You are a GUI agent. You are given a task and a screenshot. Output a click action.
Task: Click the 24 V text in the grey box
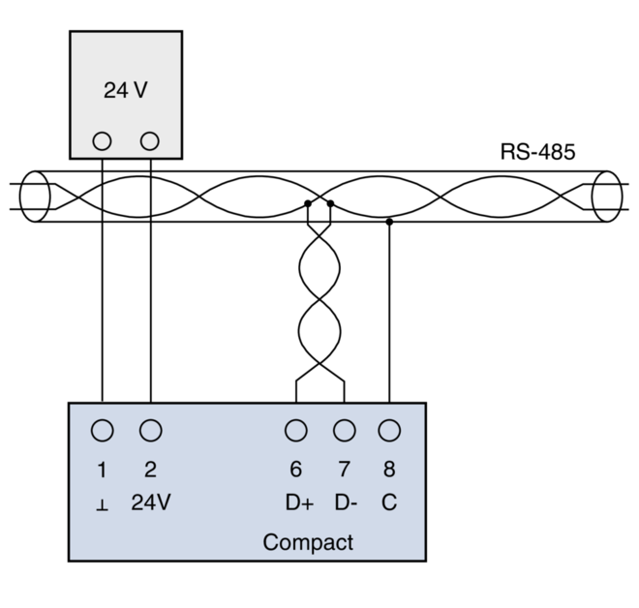pyautogui.click(x=125, y=91)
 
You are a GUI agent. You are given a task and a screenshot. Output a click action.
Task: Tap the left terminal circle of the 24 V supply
pyautogui.click(x=102, y=141)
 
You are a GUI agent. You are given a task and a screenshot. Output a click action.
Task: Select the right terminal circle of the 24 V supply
pyautogui.click(x=149, y=141)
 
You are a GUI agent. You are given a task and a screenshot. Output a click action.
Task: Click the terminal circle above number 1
pyautogui.click(x=102, y=430)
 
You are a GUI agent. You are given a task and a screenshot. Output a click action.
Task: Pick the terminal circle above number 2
pyautogui.click(x=150, y=430)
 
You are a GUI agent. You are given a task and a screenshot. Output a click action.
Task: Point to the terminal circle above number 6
pyautogui.click(x=295, y=430)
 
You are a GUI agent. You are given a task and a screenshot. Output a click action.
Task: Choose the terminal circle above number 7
pyautogui.click(x=344, y=430)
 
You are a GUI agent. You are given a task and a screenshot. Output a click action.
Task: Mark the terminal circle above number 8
pyautogui.click(x=389, y=430)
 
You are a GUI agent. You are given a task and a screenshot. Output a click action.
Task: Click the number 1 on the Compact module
pyautogui.click(x=102, y=470)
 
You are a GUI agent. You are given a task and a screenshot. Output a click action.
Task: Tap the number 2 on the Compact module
pyautogui.click(x=150, y=470)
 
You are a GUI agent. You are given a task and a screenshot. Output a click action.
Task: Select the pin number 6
pyautogui.click(x=295, y=470)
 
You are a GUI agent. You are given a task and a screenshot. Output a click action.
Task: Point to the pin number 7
pyautogui.click(x=344, y=470)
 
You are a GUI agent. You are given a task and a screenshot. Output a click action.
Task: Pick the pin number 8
pyautogui.click(x=389, y=470)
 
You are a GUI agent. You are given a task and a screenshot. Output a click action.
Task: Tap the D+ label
pyautogui.click(x=299, y=503)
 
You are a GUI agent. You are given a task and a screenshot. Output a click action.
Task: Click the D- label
pyautogui.click(x=346, y=503)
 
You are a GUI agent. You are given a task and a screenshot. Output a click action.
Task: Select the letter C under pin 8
pyautogui.click(x=389, y=503)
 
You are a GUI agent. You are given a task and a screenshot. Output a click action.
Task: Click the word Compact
pyautogui.click(x=308, y=542)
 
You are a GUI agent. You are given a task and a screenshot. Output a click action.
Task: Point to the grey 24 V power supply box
pyautogui.click(x=126, y=68)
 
